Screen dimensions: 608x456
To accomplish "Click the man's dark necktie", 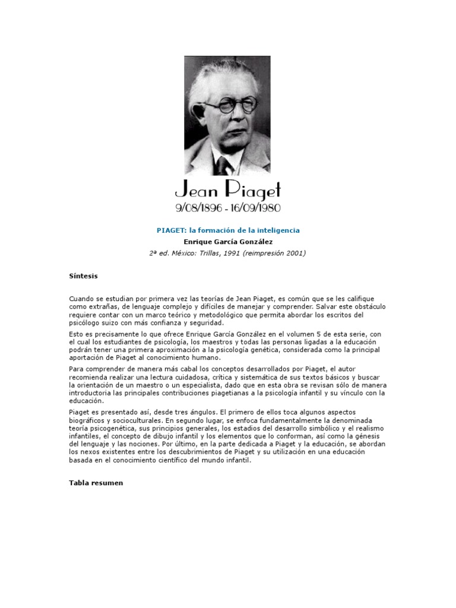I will (x=223, y=164).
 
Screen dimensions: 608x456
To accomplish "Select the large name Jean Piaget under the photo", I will (x=227, y=191).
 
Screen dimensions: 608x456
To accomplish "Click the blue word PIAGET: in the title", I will (x=172, y=230).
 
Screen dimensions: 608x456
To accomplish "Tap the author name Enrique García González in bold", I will (x=228, y=242).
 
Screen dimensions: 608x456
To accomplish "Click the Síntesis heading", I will (x=83, y=276).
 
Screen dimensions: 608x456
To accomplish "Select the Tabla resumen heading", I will (x=96, y=483).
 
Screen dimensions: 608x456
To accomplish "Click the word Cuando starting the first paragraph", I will (x=82, y=298).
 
